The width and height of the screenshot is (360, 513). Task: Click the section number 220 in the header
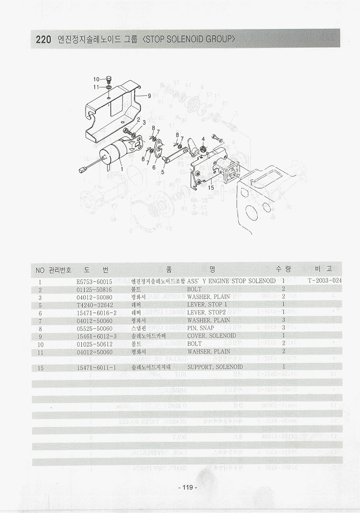43,40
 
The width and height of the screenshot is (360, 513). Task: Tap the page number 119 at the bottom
188,487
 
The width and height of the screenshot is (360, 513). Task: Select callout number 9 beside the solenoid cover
149,96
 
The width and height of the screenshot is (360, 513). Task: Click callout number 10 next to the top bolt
96,79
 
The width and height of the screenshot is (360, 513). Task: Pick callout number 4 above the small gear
203,139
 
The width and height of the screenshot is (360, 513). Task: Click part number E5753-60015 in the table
94,282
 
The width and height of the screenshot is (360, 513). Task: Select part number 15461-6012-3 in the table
97,336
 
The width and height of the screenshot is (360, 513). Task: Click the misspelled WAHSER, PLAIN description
209,351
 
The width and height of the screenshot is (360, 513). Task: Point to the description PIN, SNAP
201,328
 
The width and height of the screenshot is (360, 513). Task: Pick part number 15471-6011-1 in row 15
97,368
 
